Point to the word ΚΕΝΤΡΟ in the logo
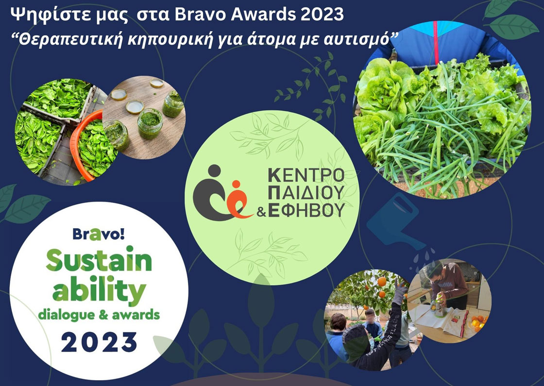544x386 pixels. point(306,175)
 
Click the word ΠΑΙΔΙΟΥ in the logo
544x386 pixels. point(306,193)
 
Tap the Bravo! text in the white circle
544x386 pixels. point(99,234)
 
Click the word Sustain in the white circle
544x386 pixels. point(99,260)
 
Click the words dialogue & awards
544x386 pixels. point(99,315)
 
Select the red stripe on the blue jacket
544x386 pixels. point(435,38)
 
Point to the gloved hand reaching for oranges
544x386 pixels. point(400,292)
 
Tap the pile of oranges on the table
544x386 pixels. point(479,322)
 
